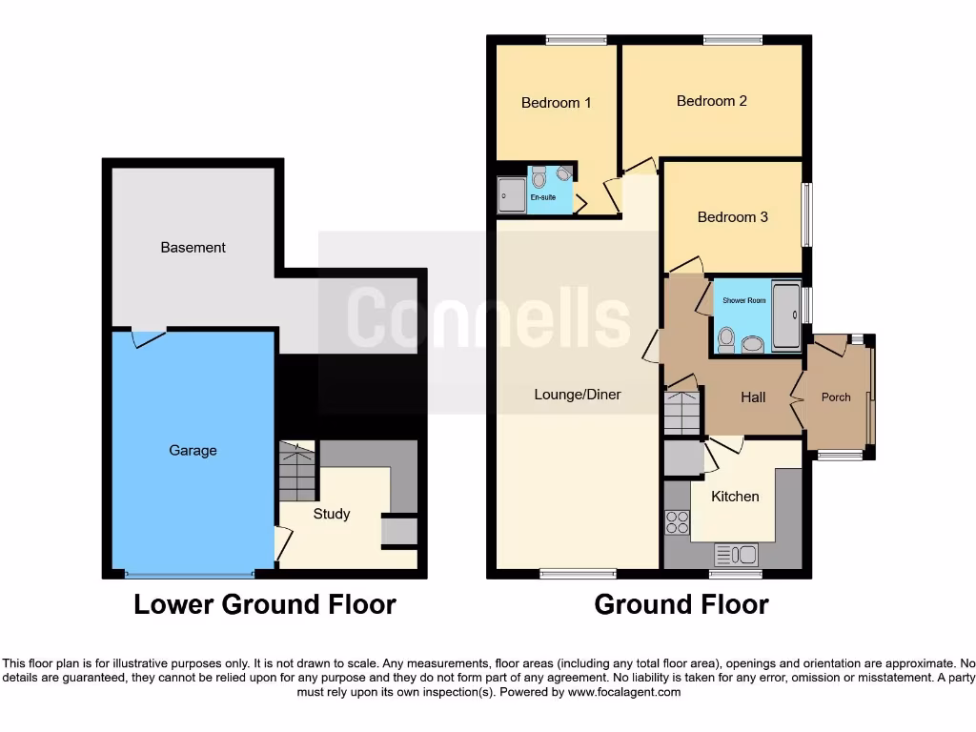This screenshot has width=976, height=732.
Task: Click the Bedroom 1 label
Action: tap(556, 103)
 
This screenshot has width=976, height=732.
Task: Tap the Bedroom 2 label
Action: tap(711, 101)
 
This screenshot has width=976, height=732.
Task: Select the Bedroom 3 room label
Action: tap(732, 217)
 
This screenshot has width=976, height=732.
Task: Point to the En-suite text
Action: tap(543, 198)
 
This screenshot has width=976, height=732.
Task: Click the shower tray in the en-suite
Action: tap(512, 194)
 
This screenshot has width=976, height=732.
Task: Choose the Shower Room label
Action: tap(743, 300)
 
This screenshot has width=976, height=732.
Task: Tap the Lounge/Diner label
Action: tap(578, 395)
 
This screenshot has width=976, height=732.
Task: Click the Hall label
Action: tap(753, 396)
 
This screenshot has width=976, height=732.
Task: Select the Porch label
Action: tap(836, 397)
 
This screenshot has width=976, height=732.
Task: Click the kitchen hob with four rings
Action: tap(677, 522)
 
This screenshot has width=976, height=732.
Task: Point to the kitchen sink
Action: tap(735, 554)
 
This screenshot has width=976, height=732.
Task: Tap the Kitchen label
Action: tap(735, 497)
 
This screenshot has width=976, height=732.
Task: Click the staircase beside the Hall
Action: tap(681, 412)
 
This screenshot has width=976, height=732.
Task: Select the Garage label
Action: tap(193, 450)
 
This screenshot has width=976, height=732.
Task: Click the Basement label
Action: tap(193, 248)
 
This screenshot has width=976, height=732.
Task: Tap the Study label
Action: tap(332, 514)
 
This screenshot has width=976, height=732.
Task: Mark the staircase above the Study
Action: tap(298, 472)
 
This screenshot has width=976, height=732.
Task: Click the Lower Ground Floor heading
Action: tap(264, 604)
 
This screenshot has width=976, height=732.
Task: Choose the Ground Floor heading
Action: tap(681, 604)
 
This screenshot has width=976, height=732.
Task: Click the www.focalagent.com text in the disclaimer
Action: tap(623, 692)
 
